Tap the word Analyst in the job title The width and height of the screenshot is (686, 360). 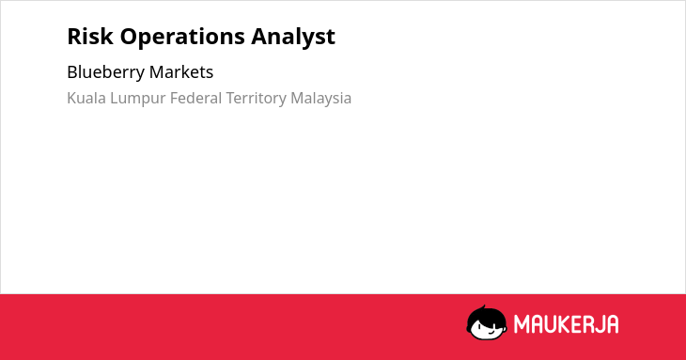(x=293, y=38)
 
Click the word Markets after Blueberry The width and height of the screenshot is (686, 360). (x=181, y=72)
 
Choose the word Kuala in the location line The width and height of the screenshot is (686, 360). (x=86, y=98)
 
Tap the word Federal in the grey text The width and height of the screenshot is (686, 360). (x=196, y=98)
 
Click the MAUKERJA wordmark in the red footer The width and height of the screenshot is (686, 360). (x=566, y=324)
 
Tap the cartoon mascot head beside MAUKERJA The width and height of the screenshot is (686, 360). (x=487, y=323)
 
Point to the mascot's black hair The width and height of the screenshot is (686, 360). (x=486, y=316)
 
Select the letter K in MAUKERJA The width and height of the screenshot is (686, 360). (x=561, y=324)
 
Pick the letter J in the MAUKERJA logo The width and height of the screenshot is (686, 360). (x=597, y=325)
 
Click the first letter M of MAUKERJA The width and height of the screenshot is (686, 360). (x=521, y=324)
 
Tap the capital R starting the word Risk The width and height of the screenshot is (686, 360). (x=73, y=37)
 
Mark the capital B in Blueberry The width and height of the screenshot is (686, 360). (x=71, y=72)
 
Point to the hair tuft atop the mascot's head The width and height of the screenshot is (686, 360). (x=483, y=307)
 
